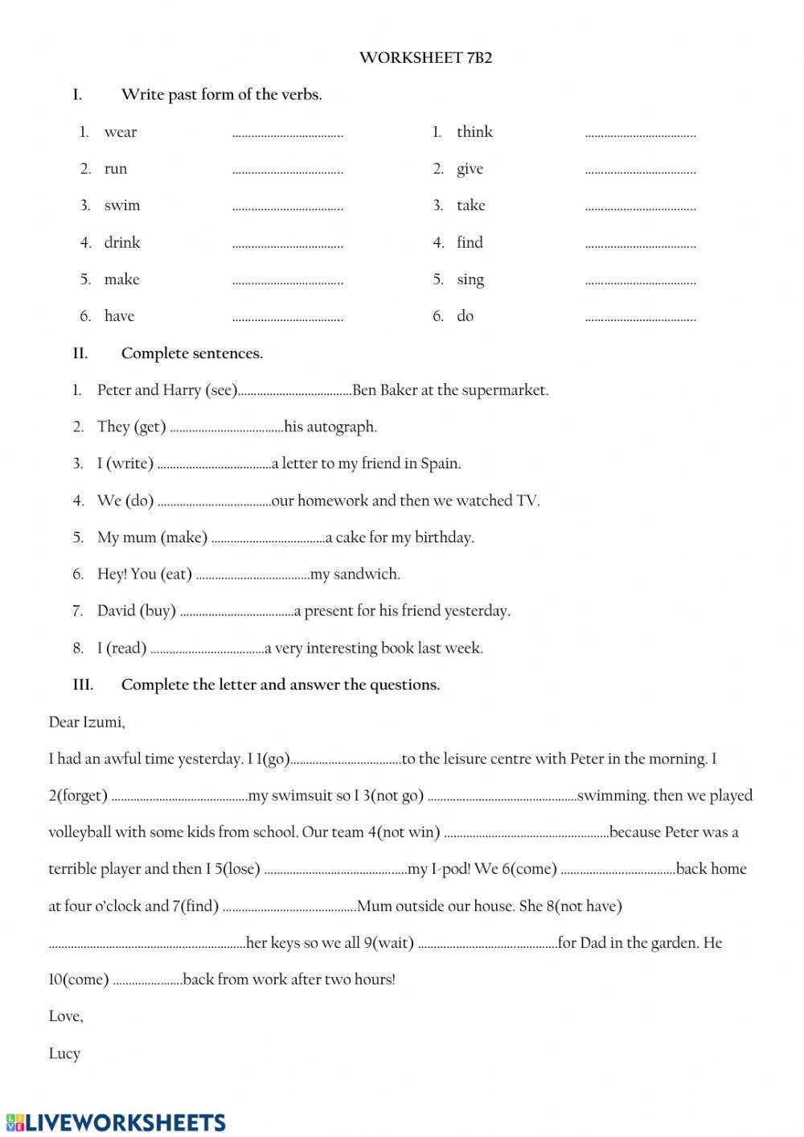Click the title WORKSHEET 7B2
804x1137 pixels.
(x=425, y=58)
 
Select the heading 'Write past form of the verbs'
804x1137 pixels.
(x=221, y=95)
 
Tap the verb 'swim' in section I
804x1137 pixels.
(x=122, y=205)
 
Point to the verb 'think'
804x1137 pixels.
(x=474, y=132)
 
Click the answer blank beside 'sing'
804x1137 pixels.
(x=640, y=282)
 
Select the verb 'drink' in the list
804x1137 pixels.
(x=122, y=242)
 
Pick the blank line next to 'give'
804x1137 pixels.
(x=640, y=171)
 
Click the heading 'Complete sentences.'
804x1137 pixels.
(x=191, y=353)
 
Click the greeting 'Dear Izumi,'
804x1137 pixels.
(x=87, y=722)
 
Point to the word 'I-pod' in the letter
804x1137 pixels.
(x=450, y=869)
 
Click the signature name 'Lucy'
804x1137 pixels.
(x=64, y=1053)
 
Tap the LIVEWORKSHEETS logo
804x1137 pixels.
(x=116, y=1123)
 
